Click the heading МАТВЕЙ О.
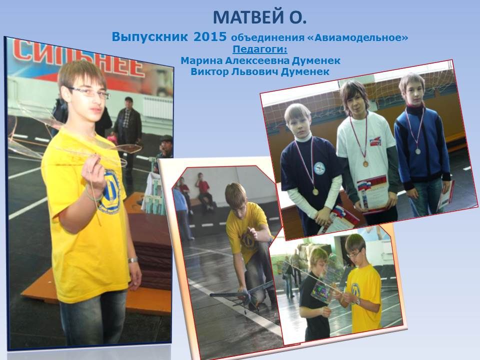259,17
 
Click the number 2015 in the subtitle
210,36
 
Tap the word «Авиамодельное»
357,37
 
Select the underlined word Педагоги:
260,49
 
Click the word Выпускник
149,37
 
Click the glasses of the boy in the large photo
90,92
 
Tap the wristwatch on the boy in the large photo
132,260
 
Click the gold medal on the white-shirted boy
365,164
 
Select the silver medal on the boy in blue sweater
418,151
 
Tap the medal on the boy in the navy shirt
315,192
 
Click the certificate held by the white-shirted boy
372,192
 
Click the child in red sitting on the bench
203,190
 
